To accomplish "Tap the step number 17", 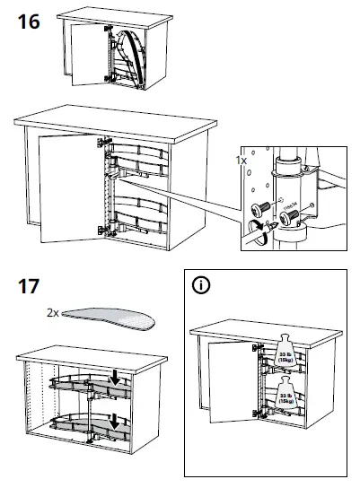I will coord(29,290).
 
